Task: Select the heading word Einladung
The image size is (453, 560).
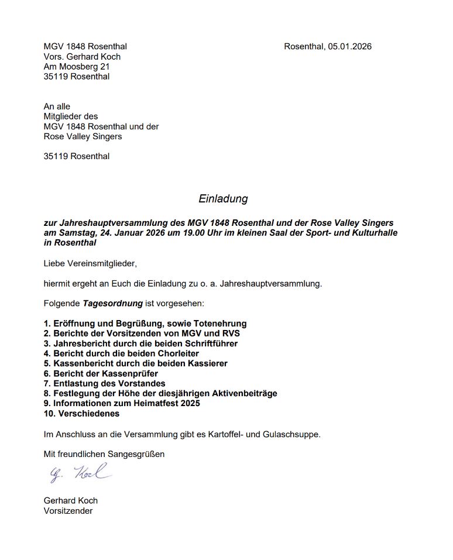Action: coord(223,198)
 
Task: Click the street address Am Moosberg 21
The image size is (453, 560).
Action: coord(77,67)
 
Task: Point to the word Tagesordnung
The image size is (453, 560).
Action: coord(112,304)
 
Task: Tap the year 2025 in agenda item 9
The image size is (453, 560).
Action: coord(188,403)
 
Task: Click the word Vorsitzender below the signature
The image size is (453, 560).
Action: coord(68,510)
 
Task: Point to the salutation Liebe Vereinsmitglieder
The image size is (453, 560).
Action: coord(90,263)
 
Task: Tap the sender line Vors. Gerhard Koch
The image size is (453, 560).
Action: coord(82,57)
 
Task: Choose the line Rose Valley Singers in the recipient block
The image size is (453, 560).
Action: coord(83,136)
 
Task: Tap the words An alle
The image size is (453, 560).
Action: coord(57,106)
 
